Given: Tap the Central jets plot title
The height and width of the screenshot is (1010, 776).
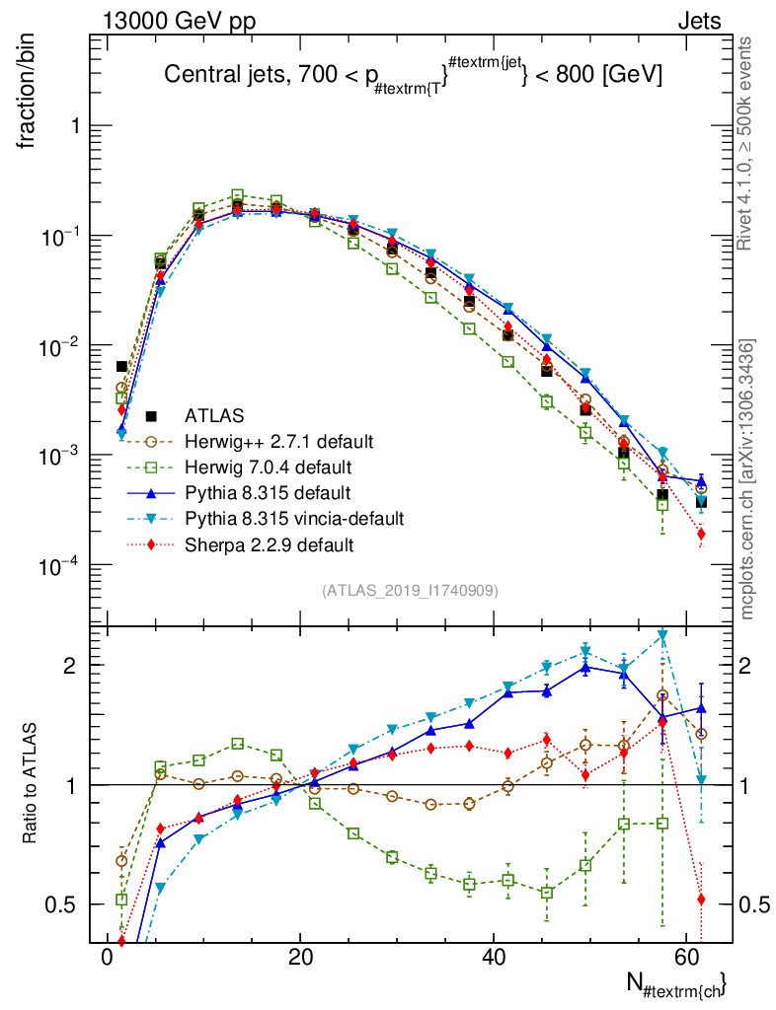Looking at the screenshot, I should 412,74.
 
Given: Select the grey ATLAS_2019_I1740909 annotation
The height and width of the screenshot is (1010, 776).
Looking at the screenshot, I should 410,591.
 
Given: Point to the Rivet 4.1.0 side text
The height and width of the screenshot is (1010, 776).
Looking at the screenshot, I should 747,143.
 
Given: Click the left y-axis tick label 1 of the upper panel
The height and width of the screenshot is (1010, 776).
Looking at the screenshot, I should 73,127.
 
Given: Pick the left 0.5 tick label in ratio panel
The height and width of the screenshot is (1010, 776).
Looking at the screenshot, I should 64,904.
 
